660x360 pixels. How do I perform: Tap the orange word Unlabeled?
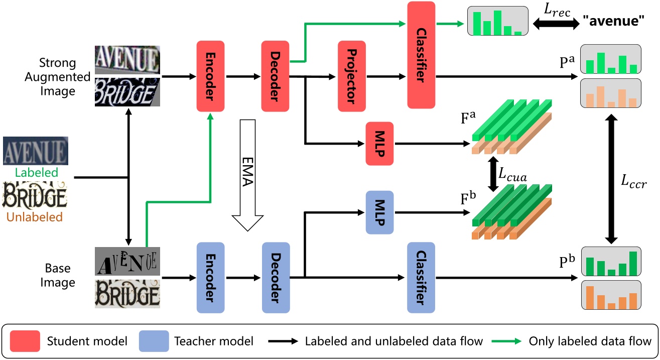[x=35, y=217]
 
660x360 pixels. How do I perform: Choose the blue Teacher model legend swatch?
[x=153, y=341]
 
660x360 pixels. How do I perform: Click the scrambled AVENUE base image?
[x=127, y=262]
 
